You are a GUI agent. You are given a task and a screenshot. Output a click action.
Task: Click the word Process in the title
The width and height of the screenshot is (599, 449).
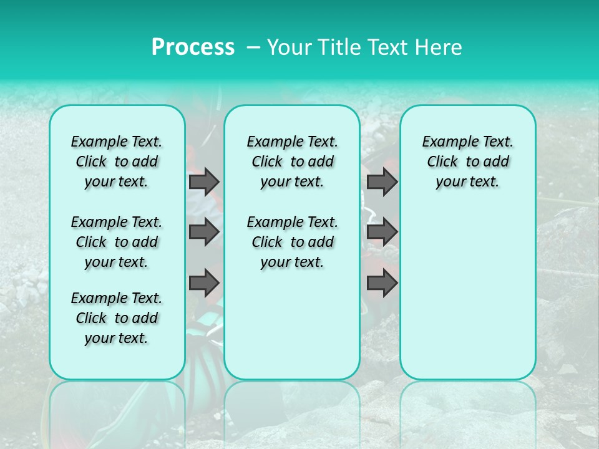(193, 47)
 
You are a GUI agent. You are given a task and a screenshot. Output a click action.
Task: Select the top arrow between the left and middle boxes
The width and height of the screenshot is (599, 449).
(204, 181)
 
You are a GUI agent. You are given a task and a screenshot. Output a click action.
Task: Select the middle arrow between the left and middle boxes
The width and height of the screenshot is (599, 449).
(204, 232)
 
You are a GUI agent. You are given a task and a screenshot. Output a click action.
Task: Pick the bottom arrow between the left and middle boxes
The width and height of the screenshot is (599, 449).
(204, 283)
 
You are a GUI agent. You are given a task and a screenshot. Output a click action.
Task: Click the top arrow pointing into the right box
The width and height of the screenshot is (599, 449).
(382, 181)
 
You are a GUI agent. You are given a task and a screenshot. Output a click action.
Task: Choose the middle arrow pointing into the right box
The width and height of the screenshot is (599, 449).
(382, 232)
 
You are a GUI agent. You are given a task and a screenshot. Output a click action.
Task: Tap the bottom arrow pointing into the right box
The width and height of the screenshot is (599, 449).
(382, 283)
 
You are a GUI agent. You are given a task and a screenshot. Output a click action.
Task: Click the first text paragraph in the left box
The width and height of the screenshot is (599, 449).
(117, 162)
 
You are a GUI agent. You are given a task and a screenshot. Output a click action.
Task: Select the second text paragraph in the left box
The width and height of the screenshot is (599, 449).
(117, 242)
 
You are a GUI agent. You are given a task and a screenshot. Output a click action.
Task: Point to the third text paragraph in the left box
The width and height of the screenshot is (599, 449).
(117, 318)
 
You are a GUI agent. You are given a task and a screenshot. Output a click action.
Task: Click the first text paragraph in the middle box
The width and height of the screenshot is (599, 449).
(292, 162)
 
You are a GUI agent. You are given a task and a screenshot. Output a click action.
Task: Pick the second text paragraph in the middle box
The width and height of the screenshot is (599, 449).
(292, 242)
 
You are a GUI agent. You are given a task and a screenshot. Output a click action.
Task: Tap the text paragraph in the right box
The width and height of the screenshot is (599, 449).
(467, 162)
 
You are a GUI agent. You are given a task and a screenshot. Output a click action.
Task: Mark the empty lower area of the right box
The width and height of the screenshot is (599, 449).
(467, 293)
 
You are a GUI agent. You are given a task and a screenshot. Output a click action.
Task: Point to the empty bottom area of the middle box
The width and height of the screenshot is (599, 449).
(292, 331)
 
